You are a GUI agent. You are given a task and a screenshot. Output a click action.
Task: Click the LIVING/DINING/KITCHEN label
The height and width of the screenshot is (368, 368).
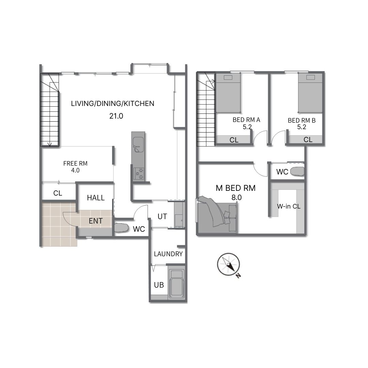(113, 104)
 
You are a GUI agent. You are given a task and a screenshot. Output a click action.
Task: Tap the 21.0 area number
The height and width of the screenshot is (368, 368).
(116, 116)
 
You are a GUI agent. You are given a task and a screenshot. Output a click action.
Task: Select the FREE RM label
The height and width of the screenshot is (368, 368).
(75, 163)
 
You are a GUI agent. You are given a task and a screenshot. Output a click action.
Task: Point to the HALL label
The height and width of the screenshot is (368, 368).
(96, 198)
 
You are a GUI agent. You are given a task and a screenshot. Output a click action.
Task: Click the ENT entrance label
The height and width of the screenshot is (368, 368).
(96, 221)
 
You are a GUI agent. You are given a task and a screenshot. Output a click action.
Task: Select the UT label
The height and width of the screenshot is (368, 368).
(162, 216)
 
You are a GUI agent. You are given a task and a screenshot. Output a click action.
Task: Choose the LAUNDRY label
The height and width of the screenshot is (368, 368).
(168, 254)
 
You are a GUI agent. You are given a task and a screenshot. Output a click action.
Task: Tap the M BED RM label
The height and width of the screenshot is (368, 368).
(236, 188)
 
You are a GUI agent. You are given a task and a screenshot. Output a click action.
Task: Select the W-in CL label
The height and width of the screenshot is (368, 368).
(289, 206)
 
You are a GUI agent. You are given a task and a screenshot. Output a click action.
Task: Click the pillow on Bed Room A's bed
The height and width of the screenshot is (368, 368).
(228, 77)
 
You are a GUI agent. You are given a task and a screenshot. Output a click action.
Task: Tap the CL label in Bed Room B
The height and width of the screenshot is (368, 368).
(308, 140)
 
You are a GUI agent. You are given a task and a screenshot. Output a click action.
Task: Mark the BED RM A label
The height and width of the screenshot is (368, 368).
(246, 120)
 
